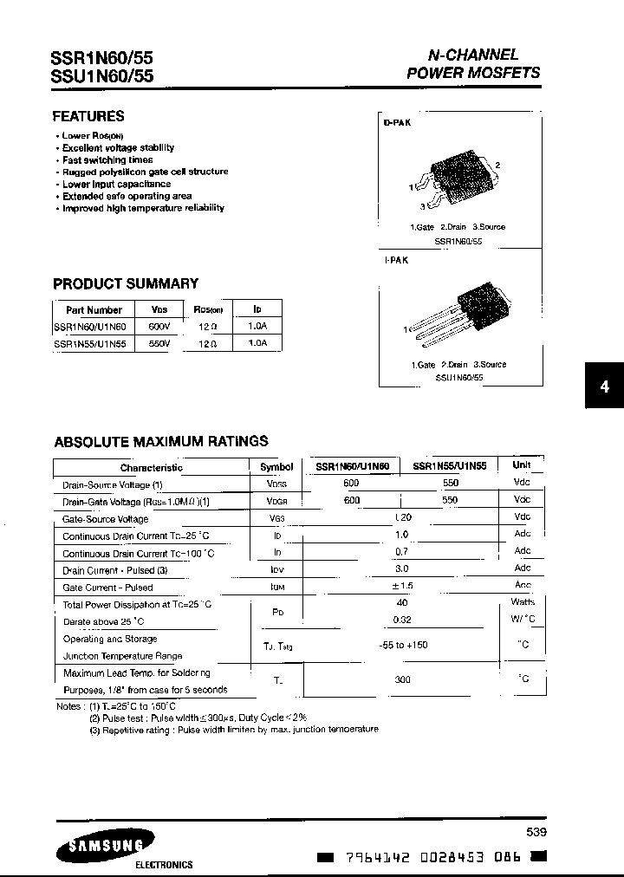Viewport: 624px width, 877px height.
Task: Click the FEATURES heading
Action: pos(88,116)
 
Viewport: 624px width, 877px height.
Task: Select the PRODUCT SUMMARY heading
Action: pos(126,283)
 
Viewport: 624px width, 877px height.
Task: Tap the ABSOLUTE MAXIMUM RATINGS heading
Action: pos(161,441)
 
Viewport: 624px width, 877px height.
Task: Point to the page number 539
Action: pos(536,832)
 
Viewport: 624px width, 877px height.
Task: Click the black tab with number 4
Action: pos(604,387)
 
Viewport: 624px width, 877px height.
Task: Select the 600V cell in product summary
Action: pos(159,327)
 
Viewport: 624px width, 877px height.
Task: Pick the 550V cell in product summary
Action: pos(159,343)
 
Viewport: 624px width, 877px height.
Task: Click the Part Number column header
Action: pos(94,309)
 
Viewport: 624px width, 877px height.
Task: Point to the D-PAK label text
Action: pos(397,123)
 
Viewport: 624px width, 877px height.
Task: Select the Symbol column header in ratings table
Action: pos(276,466)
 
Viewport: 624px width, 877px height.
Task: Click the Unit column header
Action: pos(522,464)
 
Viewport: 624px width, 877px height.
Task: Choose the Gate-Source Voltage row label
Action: pos(105,519)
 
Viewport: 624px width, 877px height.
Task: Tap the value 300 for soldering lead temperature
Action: pos(402,680)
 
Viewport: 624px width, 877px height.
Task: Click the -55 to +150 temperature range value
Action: pos(403,645)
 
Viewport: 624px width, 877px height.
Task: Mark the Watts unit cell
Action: pos(523,601)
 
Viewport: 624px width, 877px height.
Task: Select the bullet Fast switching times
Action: pos(107,160)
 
